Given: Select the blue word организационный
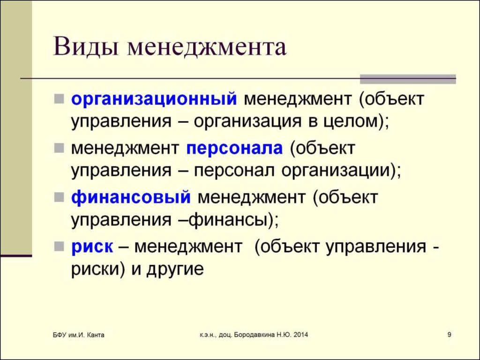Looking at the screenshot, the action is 154,99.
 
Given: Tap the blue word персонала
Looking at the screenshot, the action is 234,149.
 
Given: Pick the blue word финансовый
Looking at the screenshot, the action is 131,197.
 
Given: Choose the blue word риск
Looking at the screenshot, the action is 92,247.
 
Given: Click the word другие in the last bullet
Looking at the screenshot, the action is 175,270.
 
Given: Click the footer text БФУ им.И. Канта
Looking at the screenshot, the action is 78,335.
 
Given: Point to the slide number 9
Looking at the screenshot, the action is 449,335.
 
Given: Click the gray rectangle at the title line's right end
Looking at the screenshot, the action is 408,79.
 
